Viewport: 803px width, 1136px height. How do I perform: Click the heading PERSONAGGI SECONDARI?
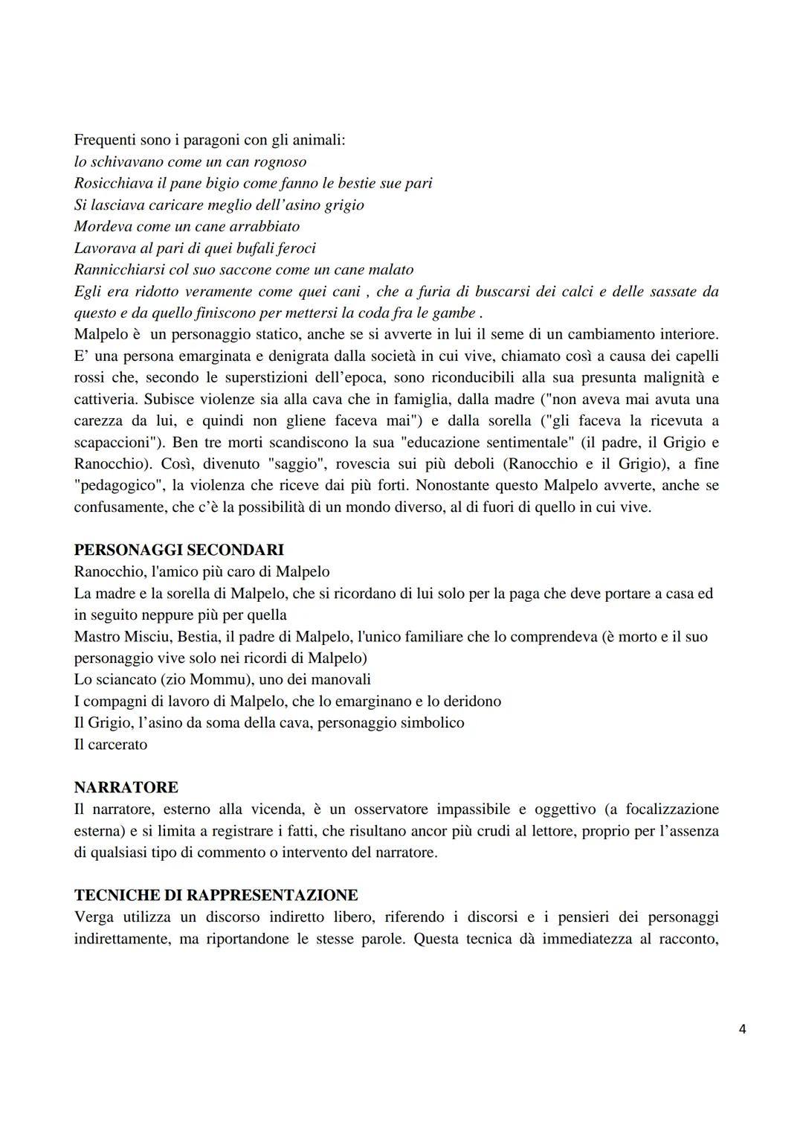coord(178,551)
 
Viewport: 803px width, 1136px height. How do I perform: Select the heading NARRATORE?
coord(126,787)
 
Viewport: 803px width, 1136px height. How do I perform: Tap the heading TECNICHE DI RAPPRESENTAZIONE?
coord(216,895)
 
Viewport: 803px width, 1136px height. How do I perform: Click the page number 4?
coord(743,1029)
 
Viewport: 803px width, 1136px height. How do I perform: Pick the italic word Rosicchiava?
coord(114,183)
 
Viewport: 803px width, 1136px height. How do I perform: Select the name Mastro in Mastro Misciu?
coord(98,637)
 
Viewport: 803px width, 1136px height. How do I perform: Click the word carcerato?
coord(117,745)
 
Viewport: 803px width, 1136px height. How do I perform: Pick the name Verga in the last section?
coord(94,917)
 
